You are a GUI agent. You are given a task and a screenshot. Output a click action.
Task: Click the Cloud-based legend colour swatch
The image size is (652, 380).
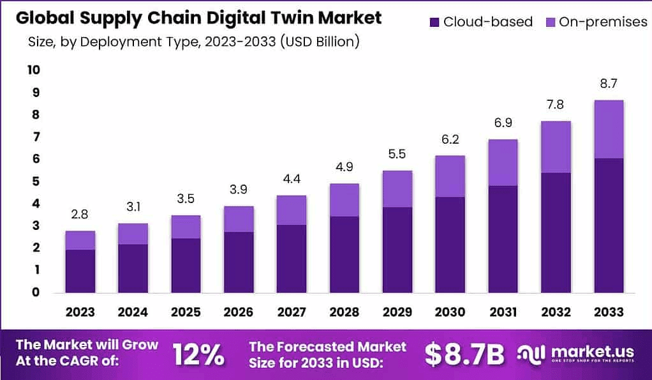tap(434, 22)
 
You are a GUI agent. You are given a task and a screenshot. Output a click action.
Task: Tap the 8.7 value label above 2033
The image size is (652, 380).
tap(608, 84)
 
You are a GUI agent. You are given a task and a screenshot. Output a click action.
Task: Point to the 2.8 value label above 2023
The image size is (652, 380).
tap(80, 215)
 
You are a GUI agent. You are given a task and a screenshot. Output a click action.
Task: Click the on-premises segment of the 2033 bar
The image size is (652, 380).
tap(608, 129)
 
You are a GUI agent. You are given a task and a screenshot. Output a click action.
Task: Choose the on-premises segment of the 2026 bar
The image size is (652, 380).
tap(239, 219)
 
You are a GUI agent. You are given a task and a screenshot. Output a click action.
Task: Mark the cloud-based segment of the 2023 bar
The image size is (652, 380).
tap(80, 271)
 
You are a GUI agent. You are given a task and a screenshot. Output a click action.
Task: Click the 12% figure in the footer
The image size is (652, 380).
tap(198, 354)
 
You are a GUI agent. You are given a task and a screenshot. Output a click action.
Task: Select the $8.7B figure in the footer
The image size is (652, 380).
tap(464, 355)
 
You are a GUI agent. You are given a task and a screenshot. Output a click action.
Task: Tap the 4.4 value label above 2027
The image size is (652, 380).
tap(292, 179)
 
